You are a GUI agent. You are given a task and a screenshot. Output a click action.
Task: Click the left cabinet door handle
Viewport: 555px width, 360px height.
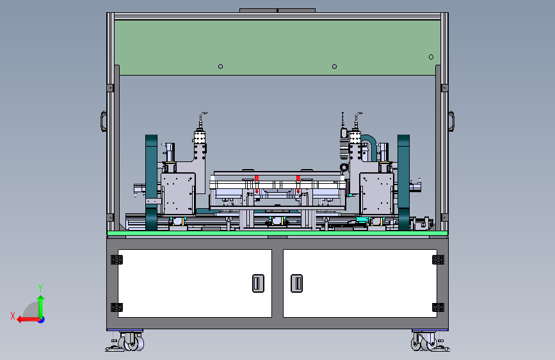pos(258,283)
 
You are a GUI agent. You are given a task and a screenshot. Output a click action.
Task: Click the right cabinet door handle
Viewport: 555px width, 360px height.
pos(296,283)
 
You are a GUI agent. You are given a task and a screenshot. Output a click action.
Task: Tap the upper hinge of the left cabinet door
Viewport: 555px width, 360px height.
pos(117,259)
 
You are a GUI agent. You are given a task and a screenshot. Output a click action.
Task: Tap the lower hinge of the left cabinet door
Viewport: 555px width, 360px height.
pos(117,307)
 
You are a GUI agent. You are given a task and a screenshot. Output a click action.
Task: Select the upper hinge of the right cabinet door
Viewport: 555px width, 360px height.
pos(438,259)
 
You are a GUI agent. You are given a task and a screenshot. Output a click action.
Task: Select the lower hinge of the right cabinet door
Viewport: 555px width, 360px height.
pos(438,307)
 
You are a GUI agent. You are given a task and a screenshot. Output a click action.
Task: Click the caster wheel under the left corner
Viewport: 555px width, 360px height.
pos(131,342)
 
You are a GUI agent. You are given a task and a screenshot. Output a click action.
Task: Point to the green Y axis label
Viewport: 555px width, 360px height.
pos(40,288)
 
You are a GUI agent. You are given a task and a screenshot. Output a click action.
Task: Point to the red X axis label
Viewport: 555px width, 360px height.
pos(13,316)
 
